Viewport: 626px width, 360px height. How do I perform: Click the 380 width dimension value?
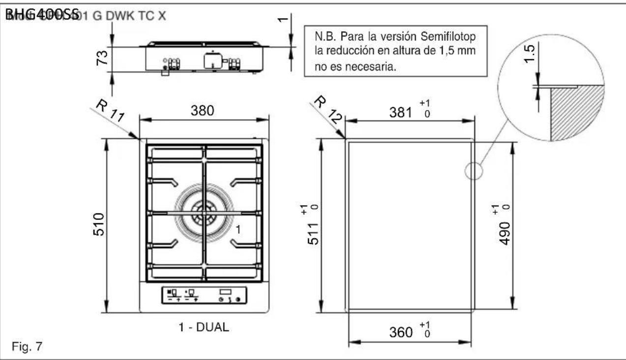(x=203, y=111)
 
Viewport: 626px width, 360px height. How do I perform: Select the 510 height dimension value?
(x=98, y=224)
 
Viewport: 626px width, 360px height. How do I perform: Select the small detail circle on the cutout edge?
(x=474, y=171)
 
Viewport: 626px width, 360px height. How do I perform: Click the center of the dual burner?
(x=203, y=213)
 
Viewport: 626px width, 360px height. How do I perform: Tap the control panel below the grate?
(x=204, y=296)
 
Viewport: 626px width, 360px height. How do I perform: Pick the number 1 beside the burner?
(x=237, y=229)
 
